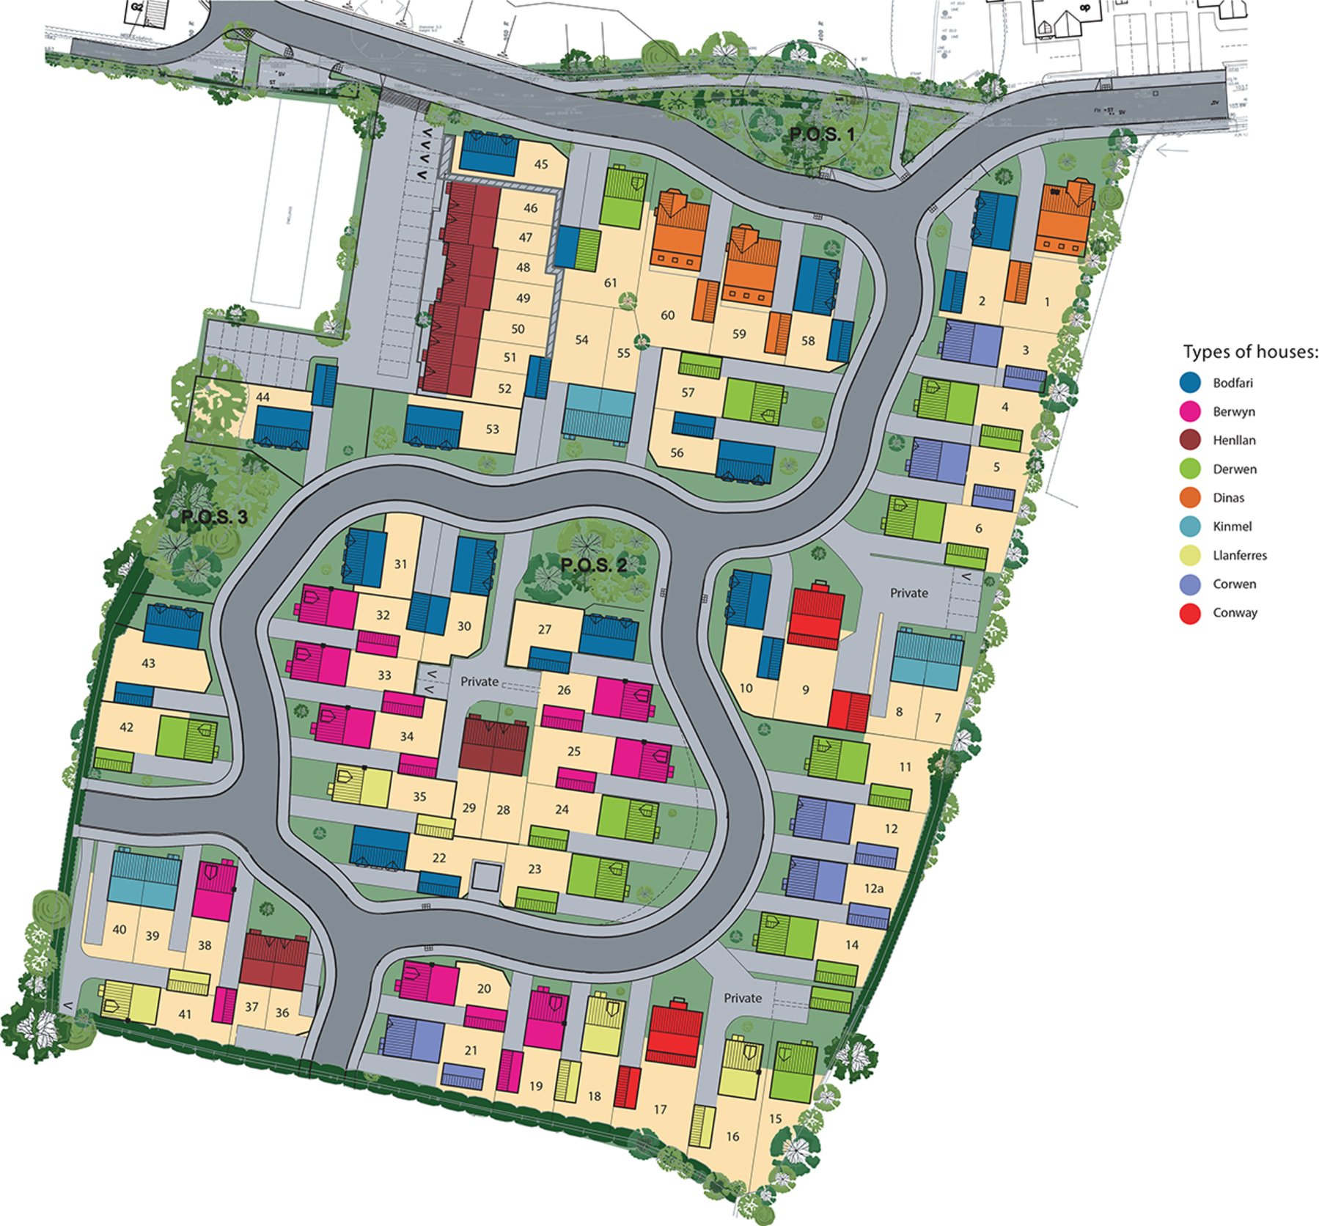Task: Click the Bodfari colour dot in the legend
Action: pyautogui.click(x=1190, y=383)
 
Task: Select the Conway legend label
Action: pyautogui.click(x=1235, y=613)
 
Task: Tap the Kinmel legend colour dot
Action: pyautogui.click(x=1190, y=526)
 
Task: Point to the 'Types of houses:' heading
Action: pyautogui.click(x=1250, y=352)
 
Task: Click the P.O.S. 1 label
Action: pyautogui.click(x=821, y=134)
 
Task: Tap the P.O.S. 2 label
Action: pyautogui.click(x=594, y=565)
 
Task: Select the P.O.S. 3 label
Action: pyautogui.click(x=214, y=517)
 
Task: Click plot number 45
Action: pyautogui.click(x=541, y=164)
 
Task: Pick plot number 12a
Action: pyautogui.click(x=873, y=888)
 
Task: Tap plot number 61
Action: pyautogui.click(x=611, y=282)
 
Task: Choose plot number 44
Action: pyautogui.click(x=262, y=397)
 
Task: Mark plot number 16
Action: pyautogui.click(x=732, y=1137)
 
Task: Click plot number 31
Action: pyautogui.click(x=400, y=564)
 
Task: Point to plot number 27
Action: pyautogui.click(x=544, y=629)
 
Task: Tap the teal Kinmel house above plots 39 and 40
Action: pyautogui.click(x=144, y=879)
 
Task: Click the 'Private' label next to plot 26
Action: pyautogui.click(x=480, y=681)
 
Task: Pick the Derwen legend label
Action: pyautogui.click(x=1235, y=469)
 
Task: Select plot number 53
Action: pyautogui.click(x=492, y=429)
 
